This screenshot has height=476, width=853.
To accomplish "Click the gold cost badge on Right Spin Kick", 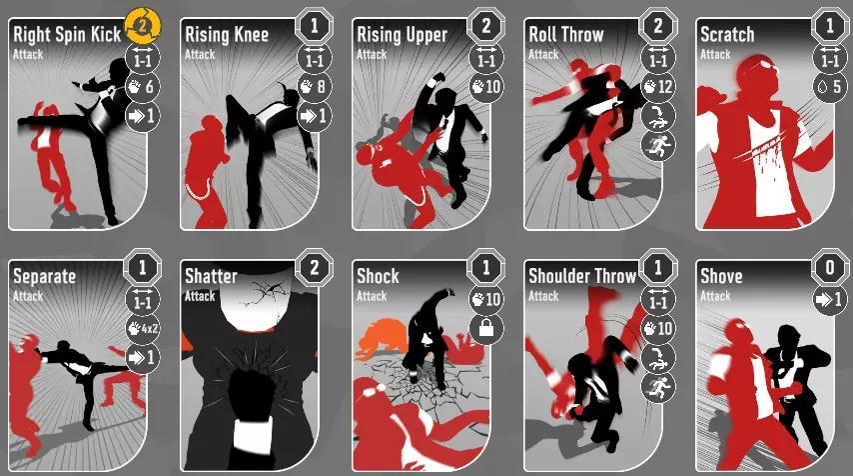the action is click(143, 26).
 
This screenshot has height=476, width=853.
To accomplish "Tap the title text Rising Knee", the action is click(227, 35).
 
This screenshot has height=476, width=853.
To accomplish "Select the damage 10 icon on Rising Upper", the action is click(485, 87).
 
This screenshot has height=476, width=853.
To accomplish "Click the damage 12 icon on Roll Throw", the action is click(658, 87).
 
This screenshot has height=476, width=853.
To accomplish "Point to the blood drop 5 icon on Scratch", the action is click(830, 87).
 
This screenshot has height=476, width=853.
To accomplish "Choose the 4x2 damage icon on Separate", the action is click(143, 328).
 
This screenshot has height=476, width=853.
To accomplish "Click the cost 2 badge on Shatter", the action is click(314, 267).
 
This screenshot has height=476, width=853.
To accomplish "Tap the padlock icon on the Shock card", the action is click(486, 328).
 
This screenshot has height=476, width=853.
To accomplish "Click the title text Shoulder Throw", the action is click(582, 276).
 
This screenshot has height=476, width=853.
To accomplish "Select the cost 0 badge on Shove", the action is click(830, 267).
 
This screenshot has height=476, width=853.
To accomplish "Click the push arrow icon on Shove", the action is click(830, 299).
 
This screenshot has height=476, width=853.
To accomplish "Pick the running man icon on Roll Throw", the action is click(658, 145).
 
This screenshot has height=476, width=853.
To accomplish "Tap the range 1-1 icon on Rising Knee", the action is click(315, 57).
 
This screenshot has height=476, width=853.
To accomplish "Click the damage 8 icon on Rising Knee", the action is click(315, 87).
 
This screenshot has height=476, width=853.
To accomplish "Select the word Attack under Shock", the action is click(372, 296).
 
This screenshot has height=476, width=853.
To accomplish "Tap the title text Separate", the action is click(45, 277).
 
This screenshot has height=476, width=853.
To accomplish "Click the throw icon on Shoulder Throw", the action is click(658, 358).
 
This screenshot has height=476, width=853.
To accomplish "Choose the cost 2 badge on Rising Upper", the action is click(485, 26).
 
